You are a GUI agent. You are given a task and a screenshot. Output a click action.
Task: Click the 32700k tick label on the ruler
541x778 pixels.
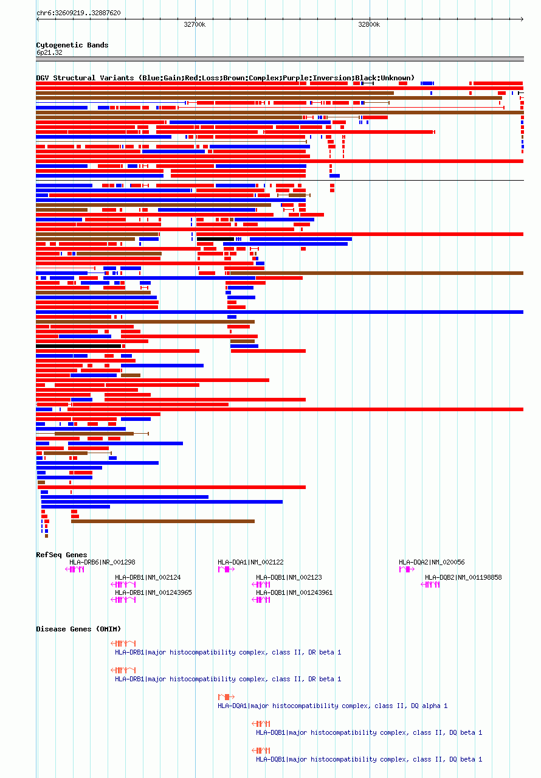click(x=195, y=25)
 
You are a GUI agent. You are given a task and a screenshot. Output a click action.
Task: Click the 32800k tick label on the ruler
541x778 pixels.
click(x=368, y=25)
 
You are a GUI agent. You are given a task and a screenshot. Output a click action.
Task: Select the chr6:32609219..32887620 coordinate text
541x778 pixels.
click(x=78, y=13)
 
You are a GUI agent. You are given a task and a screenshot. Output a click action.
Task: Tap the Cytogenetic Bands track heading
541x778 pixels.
click(x=72, y=45)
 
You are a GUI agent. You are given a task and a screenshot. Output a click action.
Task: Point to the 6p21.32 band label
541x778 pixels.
click(x=49, y=52)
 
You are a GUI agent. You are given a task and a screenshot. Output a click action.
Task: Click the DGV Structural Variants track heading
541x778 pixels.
click(x=225, y=78)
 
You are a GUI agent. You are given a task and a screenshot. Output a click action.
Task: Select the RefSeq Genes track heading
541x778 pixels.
click(x=61, y=555)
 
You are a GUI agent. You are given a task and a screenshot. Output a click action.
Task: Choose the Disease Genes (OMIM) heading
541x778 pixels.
click(x=78, y=629)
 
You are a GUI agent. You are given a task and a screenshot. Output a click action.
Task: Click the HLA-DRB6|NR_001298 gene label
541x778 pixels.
click(x=102, y=562)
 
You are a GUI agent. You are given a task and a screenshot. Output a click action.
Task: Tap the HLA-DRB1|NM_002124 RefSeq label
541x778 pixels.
click(x=148, y=577)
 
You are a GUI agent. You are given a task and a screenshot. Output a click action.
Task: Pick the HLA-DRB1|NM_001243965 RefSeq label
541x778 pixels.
click(x=153, y=592)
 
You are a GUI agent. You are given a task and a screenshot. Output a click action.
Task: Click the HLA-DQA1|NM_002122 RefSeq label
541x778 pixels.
click(x=250, y=562)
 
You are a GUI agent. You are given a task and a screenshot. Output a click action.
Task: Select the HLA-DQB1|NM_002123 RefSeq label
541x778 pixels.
click(x=289, y=577)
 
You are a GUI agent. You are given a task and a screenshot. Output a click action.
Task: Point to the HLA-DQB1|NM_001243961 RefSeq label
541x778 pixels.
click(x=294, y=592)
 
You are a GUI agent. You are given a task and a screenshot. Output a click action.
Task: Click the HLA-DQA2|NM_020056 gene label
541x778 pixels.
click(x=432, y=562)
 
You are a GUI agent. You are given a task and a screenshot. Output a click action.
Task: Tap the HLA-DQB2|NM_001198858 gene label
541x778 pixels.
click(x=463, y=577)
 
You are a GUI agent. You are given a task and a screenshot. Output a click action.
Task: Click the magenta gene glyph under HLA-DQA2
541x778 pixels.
click(x=406, y=569)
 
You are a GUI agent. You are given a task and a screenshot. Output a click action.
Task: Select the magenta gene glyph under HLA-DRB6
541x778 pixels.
click(x=75, y=569)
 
